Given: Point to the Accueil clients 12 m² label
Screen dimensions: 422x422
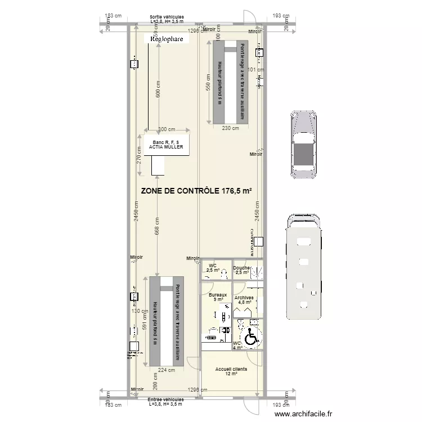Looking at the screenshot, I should (231, 371).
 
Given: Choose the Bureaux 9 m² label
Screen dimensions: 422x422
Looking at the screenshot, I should (218, 297).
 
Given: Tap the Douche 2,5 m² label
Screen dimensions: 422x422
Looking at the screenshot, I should (242, 270).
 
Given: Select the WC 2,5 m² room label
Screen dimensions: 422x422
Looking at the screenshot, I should (213, 268).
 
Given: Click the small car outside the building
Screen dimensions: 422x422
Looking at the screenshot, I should (303, 143).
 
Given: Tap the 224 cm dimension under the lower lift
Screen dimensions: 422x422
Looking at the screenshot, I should (167, 370).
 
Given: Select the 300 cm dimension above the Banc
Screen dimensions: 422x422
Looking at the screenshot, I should (167, 129).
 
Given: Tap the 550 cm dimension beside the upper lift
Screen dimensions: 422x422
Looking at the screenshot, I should (208, 83).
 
